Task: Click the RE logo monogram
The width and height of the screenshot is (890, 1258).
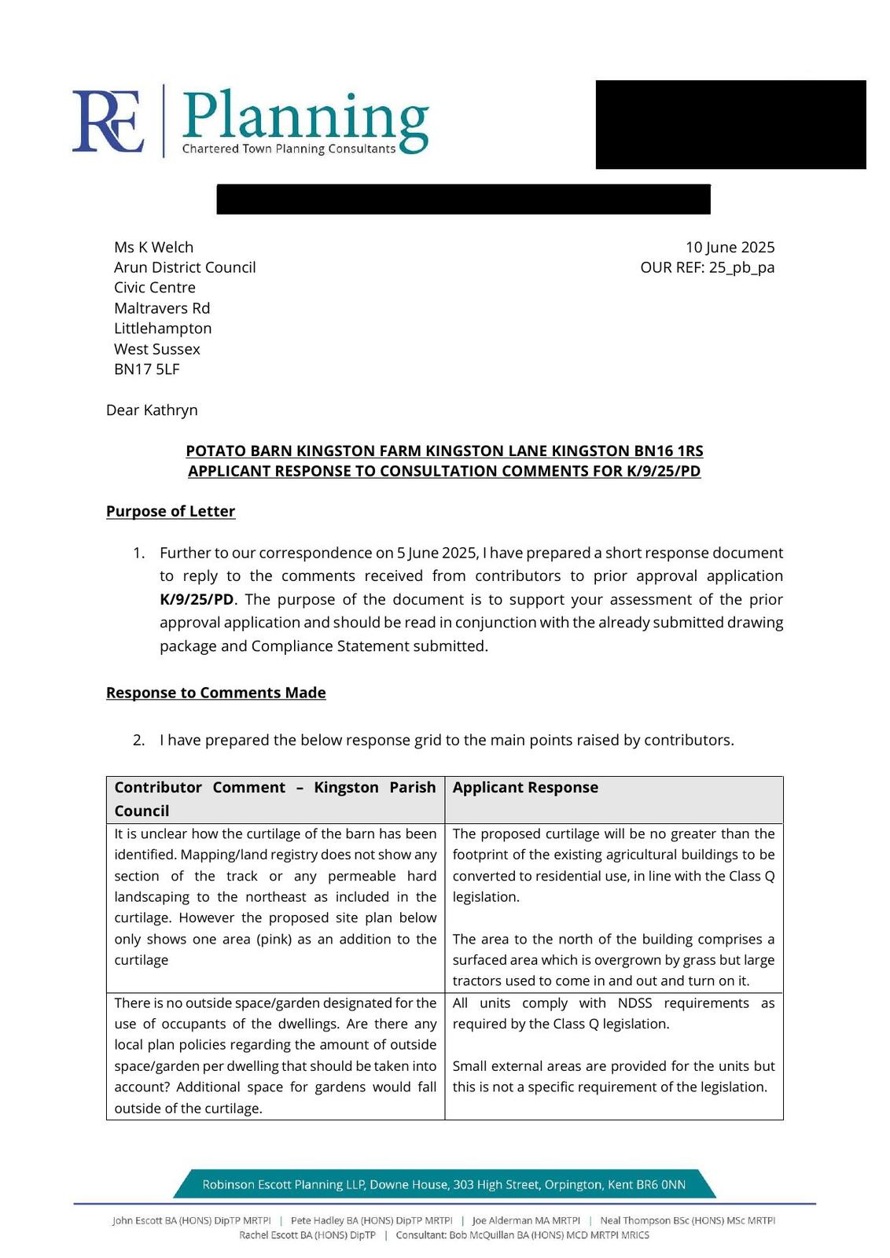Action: pos(108,122)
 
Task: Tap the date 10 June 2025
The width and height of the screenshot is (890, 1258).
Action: pos(730,248)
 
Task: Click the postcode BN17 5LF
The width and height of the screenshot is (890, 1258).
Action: pos(147,370)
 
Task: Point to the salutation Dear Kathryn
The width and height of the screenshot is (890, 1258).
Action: pos(152,410)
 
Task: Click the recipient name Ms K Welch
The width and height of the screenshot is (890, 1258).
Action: pos(153,248)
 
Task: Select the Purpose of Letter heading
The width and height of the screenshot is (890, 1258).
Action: pos(171,512)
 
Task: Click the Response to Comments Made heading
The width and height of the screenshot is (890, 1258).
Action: pos(215,693)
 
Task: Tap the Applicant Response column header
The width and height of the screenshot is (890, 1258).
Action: pos(525,788)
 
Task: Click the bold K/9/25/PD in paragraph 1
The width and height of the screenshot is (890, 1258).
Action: pos(197,599)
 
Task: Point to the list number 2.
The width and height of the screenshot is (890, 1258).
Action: pos(138,741)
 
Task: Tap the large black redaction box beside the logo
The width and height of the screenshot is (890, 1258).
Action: pos(730,124)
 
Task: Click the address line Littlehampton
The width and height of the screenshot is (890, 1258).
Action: pos(163,329)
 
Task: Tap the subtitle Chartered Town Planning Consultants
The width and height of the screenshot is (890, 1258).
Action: pos(289,149)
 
